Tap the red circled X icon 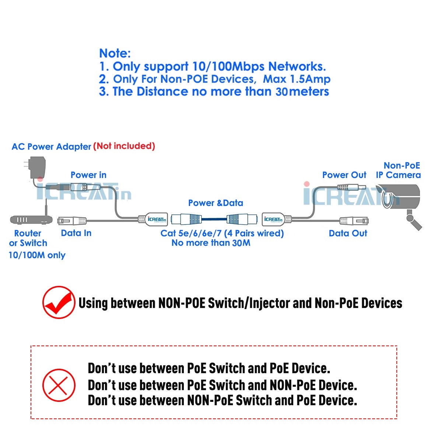pos(59,385)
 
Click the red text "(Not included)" pos(124,146)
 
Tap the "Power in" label pos(88,175)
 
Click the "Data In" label pos(76,233)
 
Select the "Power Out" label pos(344,175)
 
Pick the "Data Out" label pos(348,233)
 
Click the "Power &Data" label pos(216,203)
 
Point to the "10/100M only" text pos(37,255)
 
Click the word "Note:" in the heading pos(115,53)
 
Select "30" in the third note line pos(281,92)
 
